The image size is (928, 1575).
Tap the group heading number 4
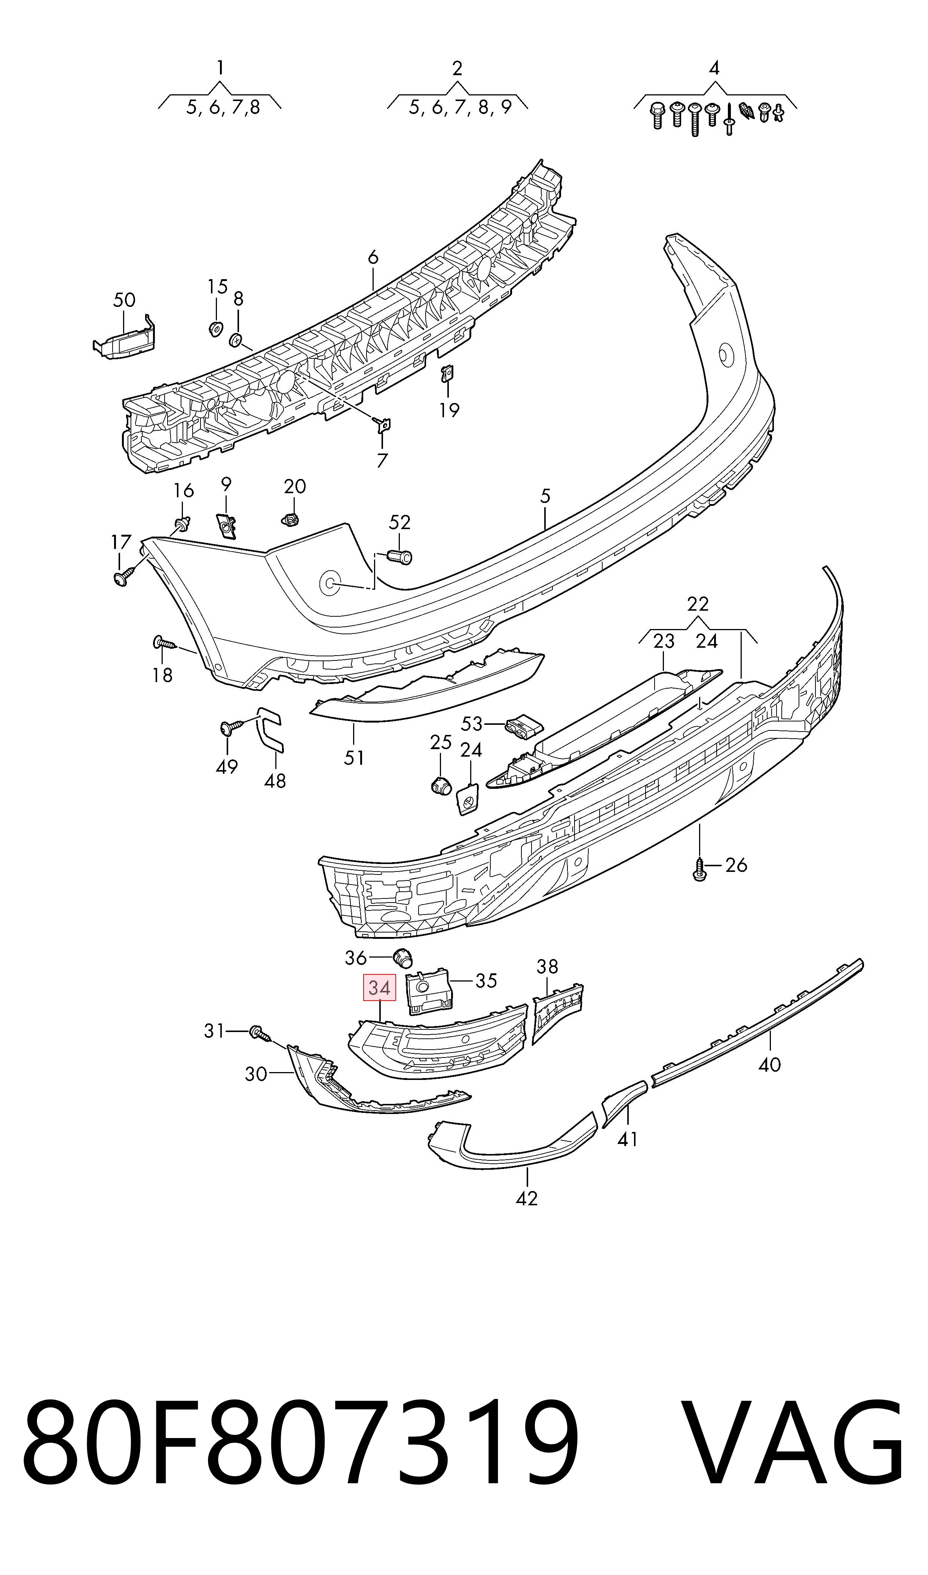click(714, 68)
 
